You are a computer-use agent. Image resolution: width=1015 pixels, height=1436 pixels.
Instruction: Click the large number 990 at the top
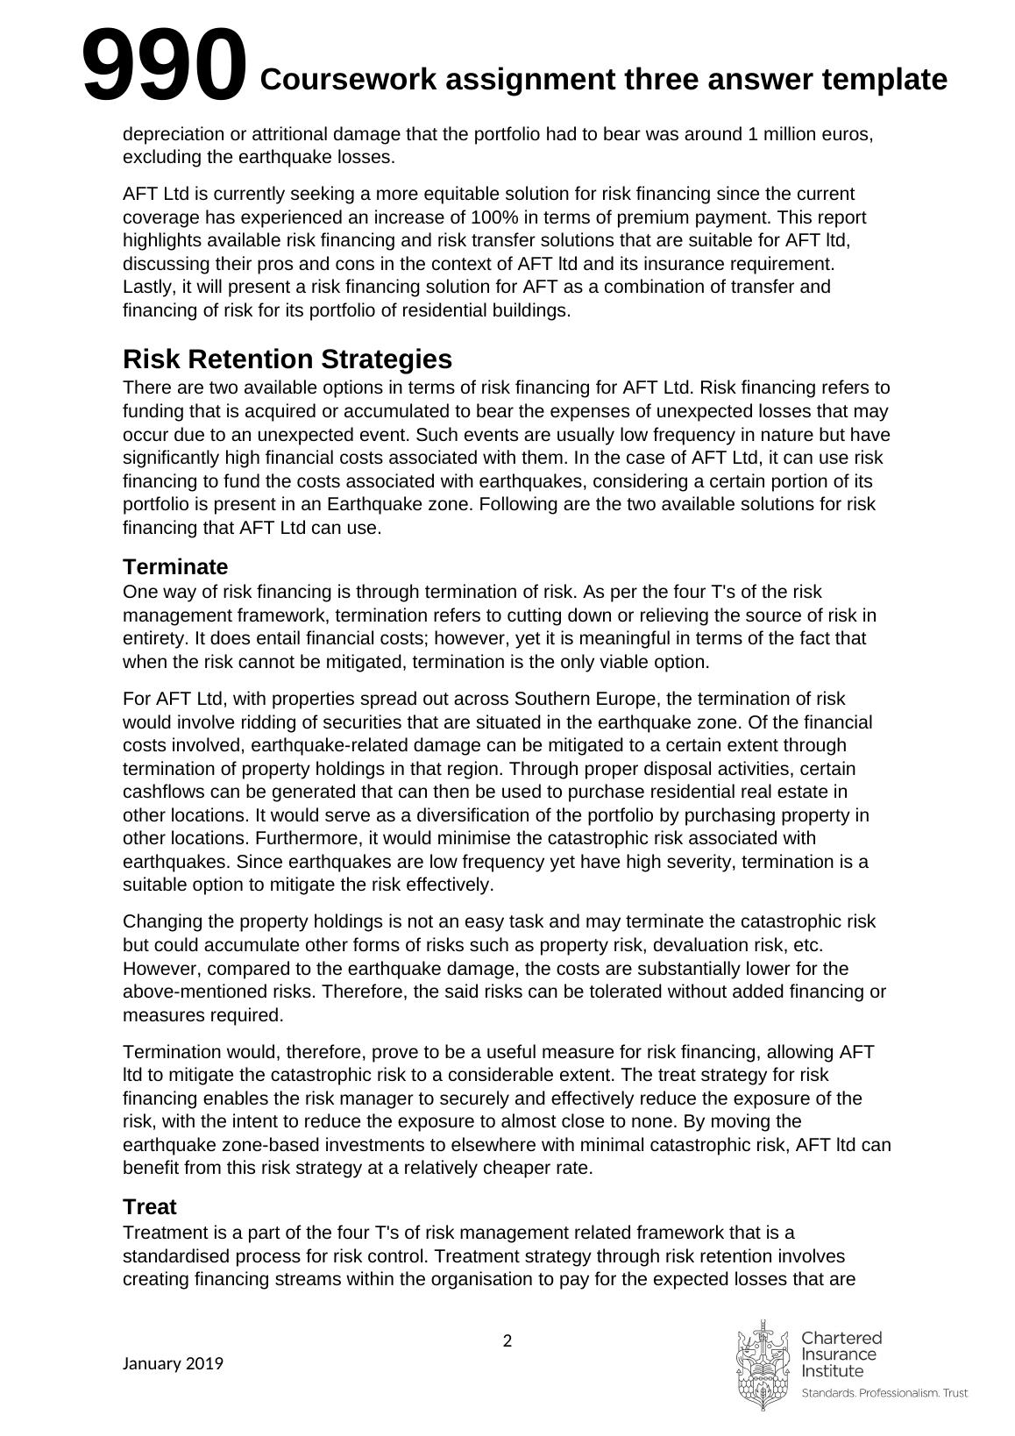(x=164, y=64)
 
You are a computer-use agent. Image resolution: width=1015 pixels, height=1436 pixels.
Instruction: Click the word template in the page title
(x=884, y=80)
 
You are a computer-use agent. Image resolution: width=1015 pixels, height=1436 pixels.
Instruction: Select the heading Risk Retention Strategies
(x=287, y=359)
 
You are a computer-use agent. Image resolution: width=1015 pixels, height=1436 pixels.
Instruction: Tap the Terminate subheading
(x=175, y=566)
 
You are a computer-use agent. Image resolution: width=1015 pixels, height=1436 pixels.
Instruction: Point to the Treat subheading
(x=149, y=1206)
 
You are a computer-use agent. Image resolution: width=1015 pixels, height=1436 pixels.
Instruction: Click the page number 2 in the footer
(x=507, y=1340)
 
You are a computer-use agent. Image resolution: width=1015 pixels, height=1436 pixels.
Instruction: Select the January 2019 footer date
(x=173, y=1363)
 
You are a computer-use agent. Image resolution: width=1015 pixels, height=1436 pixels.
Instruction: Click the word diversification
(x=367, y=816)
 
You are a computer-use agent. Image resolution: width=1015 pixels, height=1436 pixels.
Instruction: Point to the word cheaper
(x=458, y=1169)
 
